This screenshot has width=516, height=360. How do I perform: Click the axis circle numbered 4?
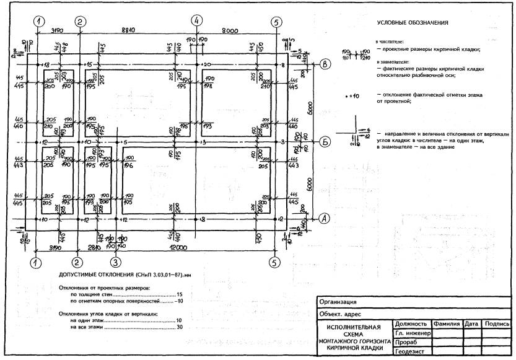point(196,21)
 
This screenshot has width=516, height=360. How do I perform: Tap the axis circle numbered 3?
point(114,263)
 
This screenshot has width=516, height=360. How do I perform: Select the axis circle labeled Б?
point(326,142)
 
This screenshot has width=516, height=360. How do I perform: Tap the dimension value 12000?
point(198,247)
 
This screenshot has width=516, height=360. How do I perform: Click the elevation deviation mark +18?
point(44,64)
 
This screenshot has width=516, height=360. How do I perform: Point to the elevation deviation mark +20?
point(206,64)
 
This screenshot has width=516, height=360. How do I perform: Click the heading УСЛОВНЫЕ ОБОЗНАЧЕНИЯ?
point(412,24)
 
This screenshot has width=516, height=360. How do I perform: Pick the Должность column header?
point(411,324)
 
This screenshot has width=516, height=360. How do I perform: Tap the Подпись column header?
point(497,324)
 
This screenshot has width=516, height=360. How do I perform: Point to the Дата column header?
point(471,324)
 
